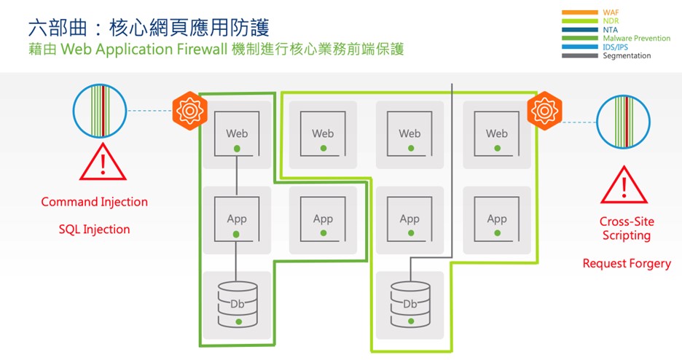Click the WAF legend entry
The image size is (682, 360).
[610, 13]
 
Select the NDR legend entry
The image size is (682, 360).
[611, 22]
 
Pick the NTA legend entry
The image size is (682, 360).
[610, 30]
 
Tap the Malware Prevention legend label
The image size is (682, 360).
[636, 39]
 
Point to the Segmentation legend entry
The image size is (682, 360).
[627, 56]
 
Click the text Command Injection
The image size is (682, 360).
[94, 202]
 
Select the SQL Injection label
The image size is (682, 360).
[94, 230]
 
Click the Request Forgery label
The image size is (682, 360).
[627, 264]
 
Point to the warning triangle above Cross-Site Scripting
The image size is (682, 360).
[624, 185]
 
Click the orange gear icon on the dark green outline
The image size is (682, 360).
[188, 110]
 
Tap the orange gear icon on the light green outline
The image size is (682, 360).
[544, 110]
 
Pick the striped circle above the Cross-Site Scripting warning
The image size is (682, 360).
[624, 122]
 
